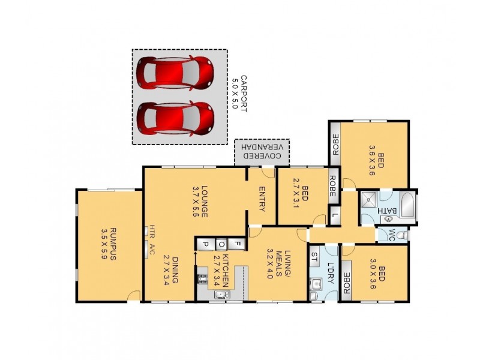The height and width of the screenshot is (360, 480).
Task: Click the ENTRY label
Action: click(262, 199)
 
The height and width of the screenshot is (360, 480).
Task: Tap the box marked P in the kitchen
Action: click(205, 244)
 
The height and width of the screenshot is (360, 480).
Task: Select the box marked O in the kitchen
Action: click(220, 244)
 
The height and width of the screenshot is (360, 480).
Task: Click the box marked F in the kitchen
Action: click(237, 244)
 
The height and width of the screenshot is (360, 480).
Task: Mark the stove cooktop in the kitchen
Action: click(203, 278)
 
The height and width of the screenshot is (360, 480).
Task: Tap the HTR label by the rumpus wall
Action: click(152, 231)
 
